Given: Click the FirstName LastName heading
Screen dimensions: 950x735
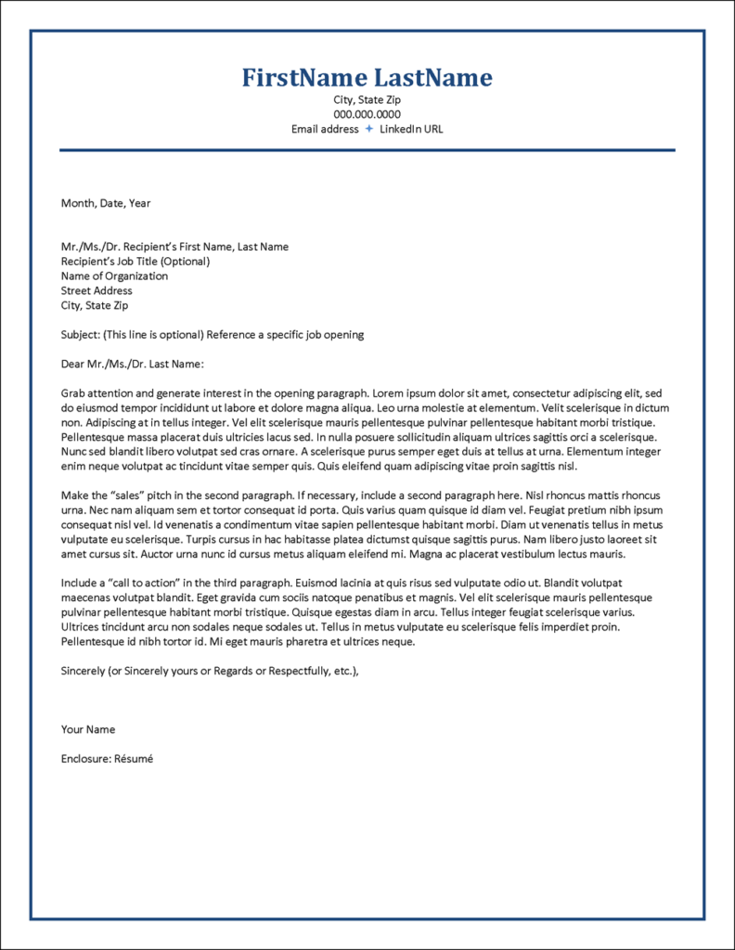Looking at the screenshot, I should click(x=367, y=78).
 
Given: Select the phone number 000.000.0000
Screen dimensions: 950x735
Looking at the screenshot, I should click(x=367, y=114).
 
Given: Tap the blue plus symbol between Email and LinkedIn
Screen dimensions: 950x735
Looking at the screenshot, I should click(x=368, y=129).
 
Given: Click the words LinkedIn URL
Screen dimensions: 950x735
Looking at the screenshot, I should click(x=411, y=129).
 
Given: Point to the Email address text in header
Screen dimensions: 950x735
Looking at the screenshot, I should click(x=325, y=129).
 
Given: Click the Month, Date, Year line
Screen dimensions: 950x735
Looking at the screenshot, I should click(x=106, y=202).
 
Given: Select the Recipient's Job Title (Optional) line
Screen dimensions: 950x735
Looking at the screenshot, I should click(x=135, y=261).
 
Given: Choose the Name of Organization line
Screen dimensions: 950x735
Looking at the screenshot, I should click(x=114, y=276).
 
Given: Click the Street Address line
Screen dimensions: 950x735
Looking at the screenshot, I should click(x=97, y=290).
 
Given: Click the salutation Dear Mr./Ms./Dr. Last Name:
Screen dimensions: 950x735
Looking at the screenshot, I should click(x=132, y=364).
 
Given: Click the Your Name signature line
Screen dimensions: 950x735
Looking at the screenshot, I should click(x=88, y=729).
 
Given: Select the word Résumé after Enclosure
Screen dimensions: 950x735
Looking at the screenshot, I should click(x=134, y=758).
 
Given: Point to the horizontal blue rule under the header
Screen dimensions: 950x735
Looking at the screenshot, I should click(x=367, y=149).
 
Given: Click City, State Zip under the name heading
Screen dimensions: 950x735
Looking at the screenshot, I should click(x=367, y=99).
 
